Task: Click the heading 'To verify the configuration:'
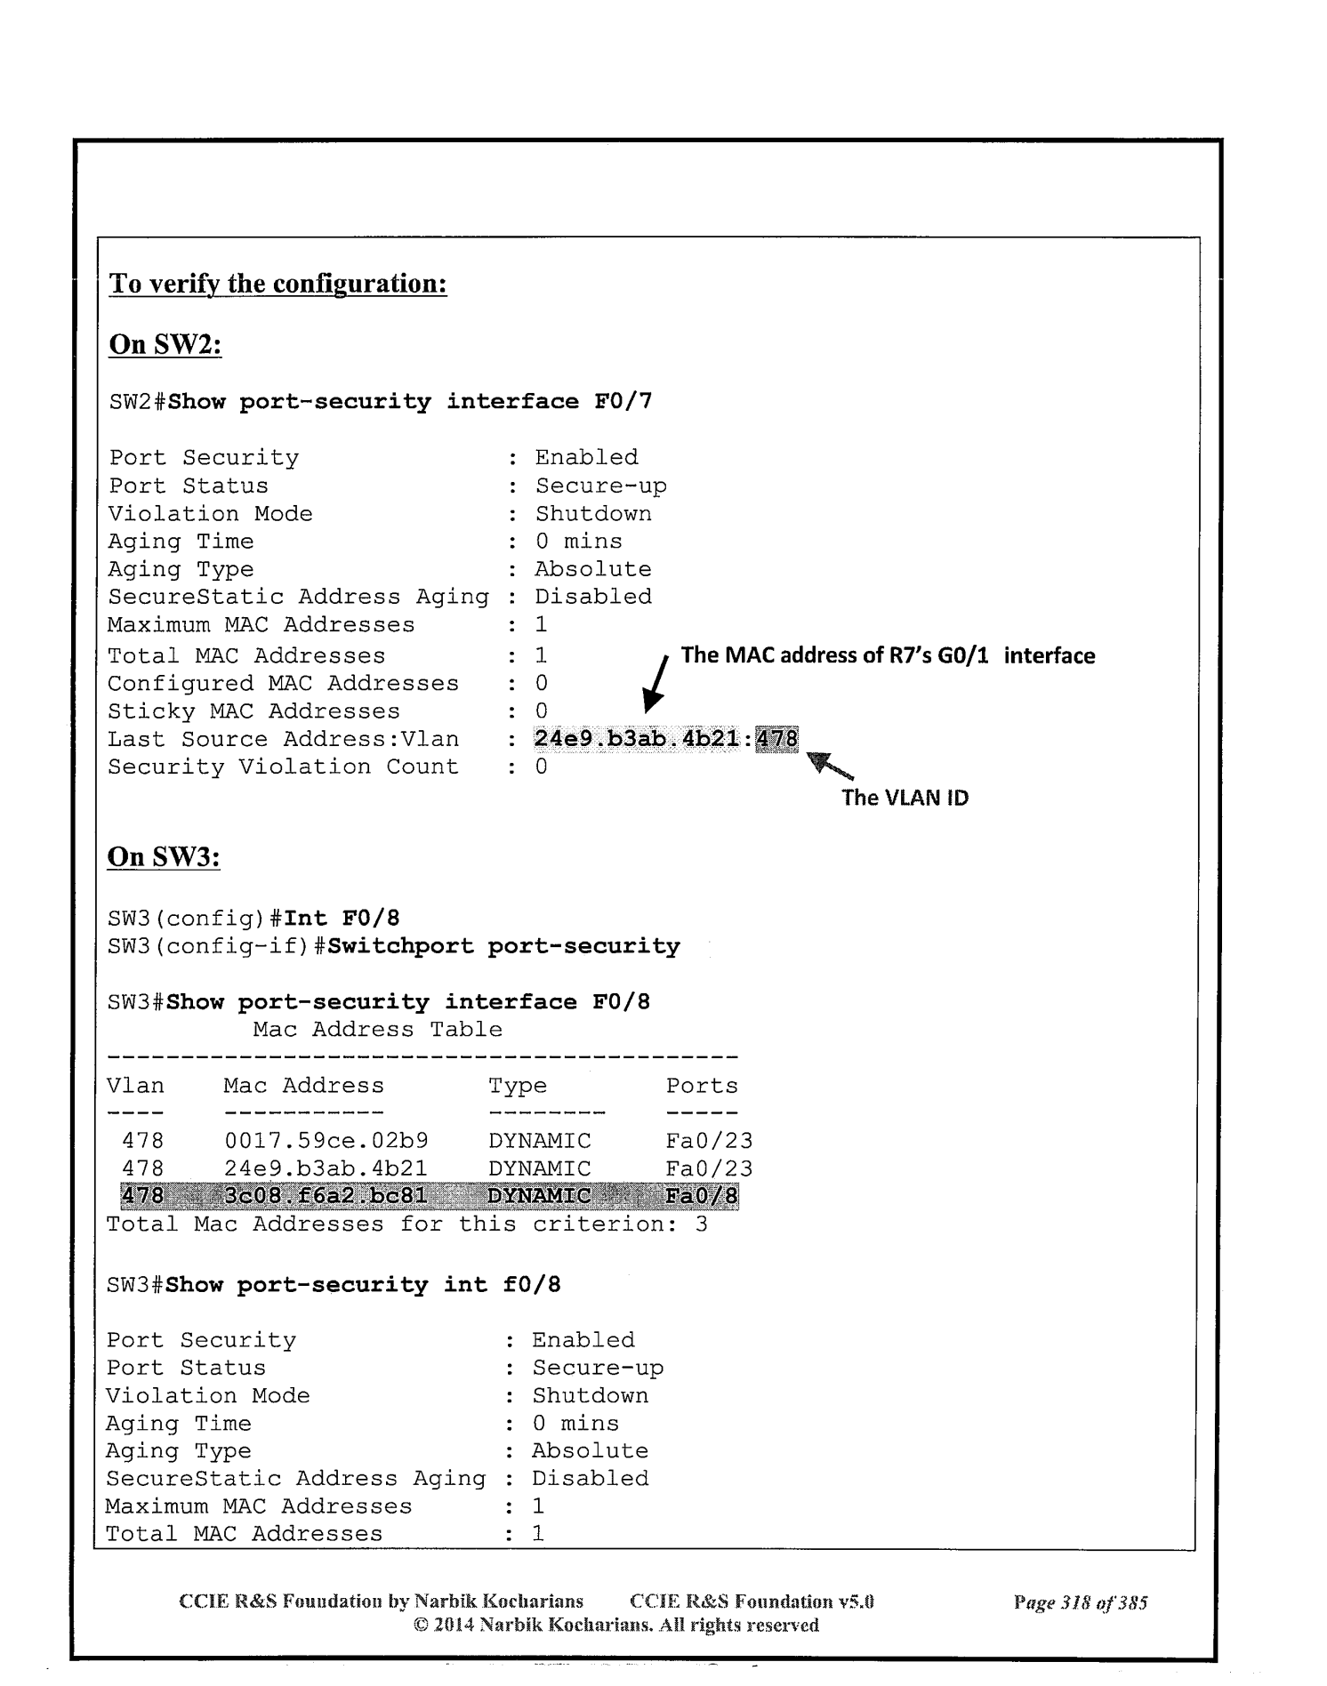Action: tap(277, 284)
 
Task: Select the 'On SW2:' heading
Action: tap(165, 344)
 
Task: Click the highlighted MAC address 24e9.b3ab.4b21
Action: tap(637, 739)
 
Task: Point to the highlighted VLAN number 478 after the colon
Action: tap(776, 739)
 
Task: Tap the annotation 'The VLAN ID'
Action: tap(905, 798)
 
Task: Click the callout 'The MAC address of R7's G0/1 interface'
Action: tap(888, 656)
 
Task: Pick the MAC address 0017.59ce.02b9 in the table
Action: tap(326, 1141)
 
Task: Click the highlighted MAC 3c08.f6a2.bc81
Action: tap(326, 1196)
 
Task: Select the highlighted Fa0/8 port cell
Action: tap(701, 1196)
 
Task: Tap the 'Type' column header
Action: tap(517, 1086)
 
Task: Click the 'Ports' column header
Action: tap(702, 1086)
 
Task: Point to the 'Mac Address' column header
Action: tap(303, 1086)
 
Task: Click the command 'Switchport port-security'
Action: tap(503, 946)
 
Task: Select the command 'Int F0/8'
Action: tap(342, 919)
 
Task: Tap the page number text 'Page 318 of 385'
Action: tap(1080, 1602)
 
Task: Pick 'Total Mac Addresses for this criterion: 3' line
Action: tap(406, 1224)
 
